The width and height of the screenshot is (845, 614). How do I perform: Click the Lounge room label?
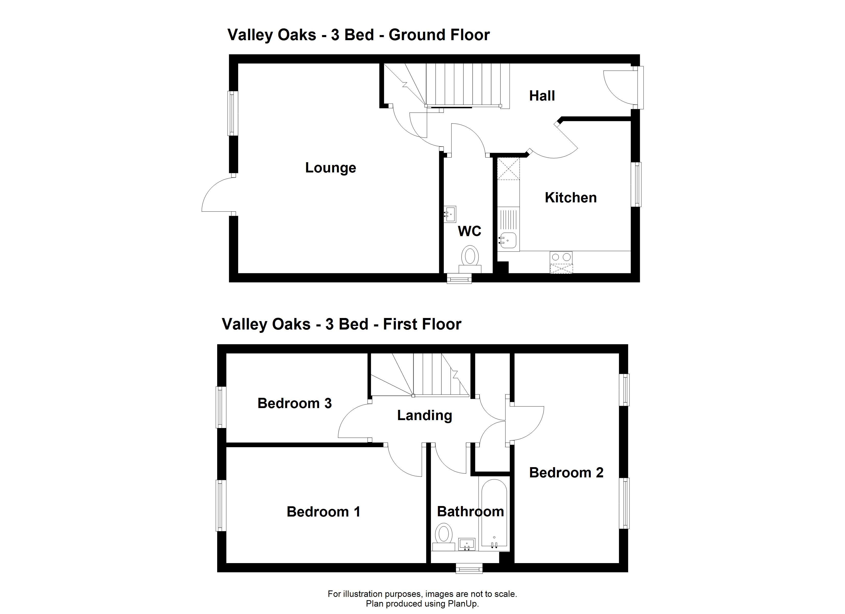(x=331, y=168)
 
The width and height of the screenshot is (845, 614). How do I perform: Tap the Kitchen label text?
(x=571, y=198)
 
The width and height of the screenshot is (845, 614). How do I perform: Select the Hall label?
(x=542, y=96)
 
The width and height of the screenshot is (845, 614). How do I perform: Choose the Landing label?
(x=425, y=415)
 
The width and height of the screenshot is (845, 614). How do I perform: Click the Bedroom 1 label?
(x=323, y=512)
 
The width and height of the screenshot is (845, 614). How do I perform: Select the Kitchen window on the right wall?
(x=638, y=184)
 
